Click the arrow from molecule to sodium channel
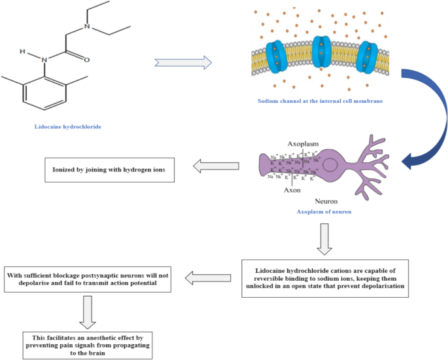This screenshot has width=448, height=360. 184,62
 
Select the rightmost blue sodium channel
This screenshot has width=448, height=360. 368,54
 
